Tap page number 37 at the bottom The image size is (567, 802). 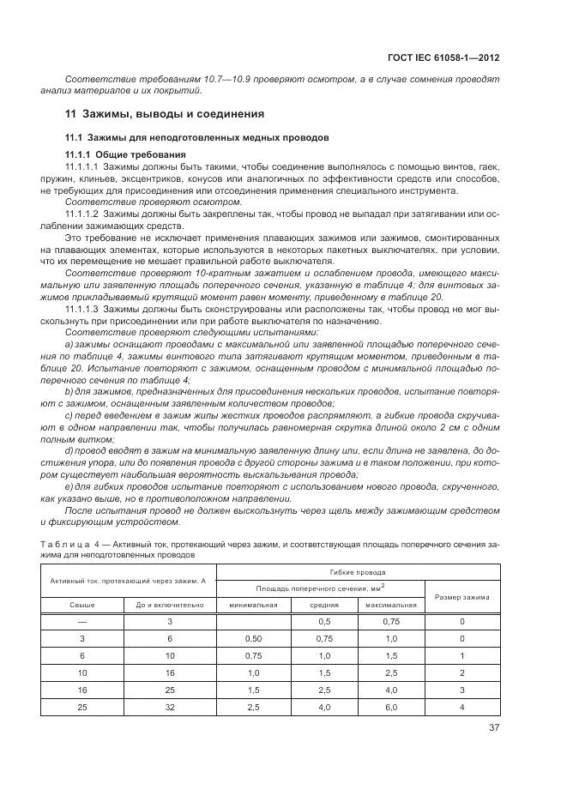pyautogui.click(x=493, y=728)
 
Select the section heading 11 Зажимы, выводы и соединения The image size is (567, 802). pyautogui.click(x=165, y=113)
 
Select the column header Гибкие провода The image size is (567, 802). pyautogui.click(x=357, y=571)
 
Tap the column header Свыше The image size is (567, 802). pyautogui.click(x=82, y=604)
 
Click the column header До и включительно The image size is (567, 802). pyautogui.click(x=170, y=604)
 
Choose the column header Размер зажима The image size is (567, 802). pyautogui.click(x=461, y=596)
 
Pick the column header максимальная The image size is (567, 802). pyautogui.click(x=390, y=604)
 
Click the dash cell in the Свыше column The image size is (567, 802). pyautogui.click(x=82, y=620)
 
